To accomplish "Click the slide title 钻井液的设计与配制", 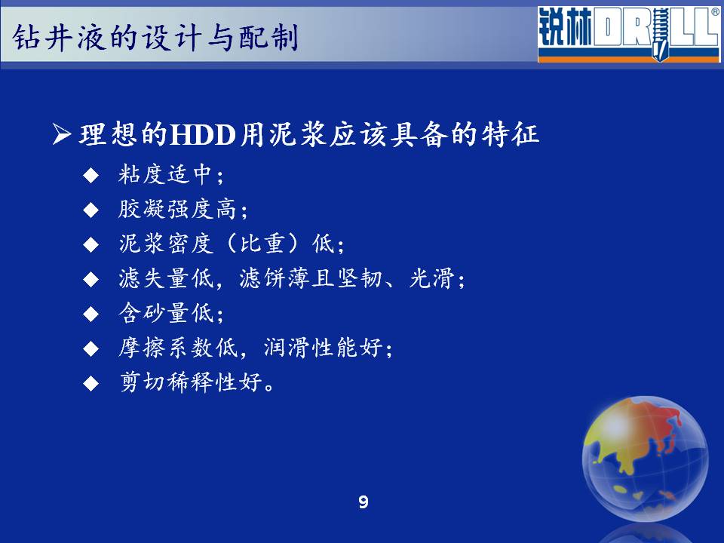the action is (x=155, y=37).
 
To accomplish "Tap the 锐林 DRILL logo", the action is (x=628, y=34).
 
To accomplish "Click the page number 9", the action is (x=364, y=502).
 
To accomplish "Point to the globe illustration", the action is (x=645, y=459).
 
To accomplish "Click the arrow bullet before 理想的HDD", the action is (x=61, y=134).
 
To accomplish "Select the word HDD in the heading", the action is (x=203, y=135).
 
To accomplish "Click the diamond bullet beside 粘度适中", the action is (x=91, y=176).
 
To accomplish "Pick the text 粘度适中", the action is (x=165, y=175).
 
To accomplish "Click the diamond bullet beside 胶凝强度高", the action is (x=91, y=210).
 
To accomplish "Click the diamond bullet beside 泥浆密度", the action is (x=91, y=244).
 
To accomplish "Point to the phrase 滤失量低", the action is (x=166, y=278).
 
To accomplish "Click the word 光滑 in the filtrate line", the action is (x=432, y=278).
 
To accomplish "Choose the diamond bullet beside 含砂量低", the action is (x=91, y=314).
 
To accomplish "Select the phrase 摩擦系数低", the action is (x=177, y=348).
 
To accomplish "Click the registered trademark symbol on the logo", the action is (x=715, y=12).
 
